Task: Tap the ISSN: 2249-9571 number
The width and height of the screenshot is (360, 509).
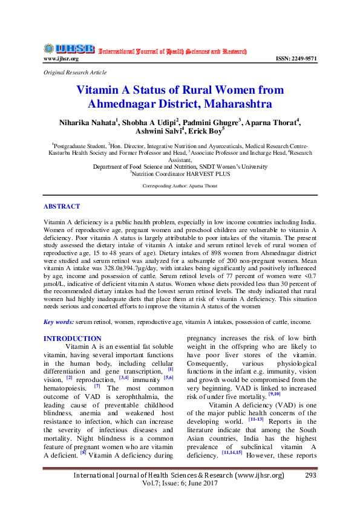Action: [296, 59]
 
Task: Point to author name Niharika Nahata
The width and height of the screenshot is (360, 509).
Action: [88, 122]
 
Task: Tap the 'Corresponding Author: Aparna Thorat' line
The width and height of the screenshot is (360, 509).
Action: [180, 186]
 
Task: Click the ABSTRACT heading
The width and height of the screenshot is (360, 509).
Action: [62, 207]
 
